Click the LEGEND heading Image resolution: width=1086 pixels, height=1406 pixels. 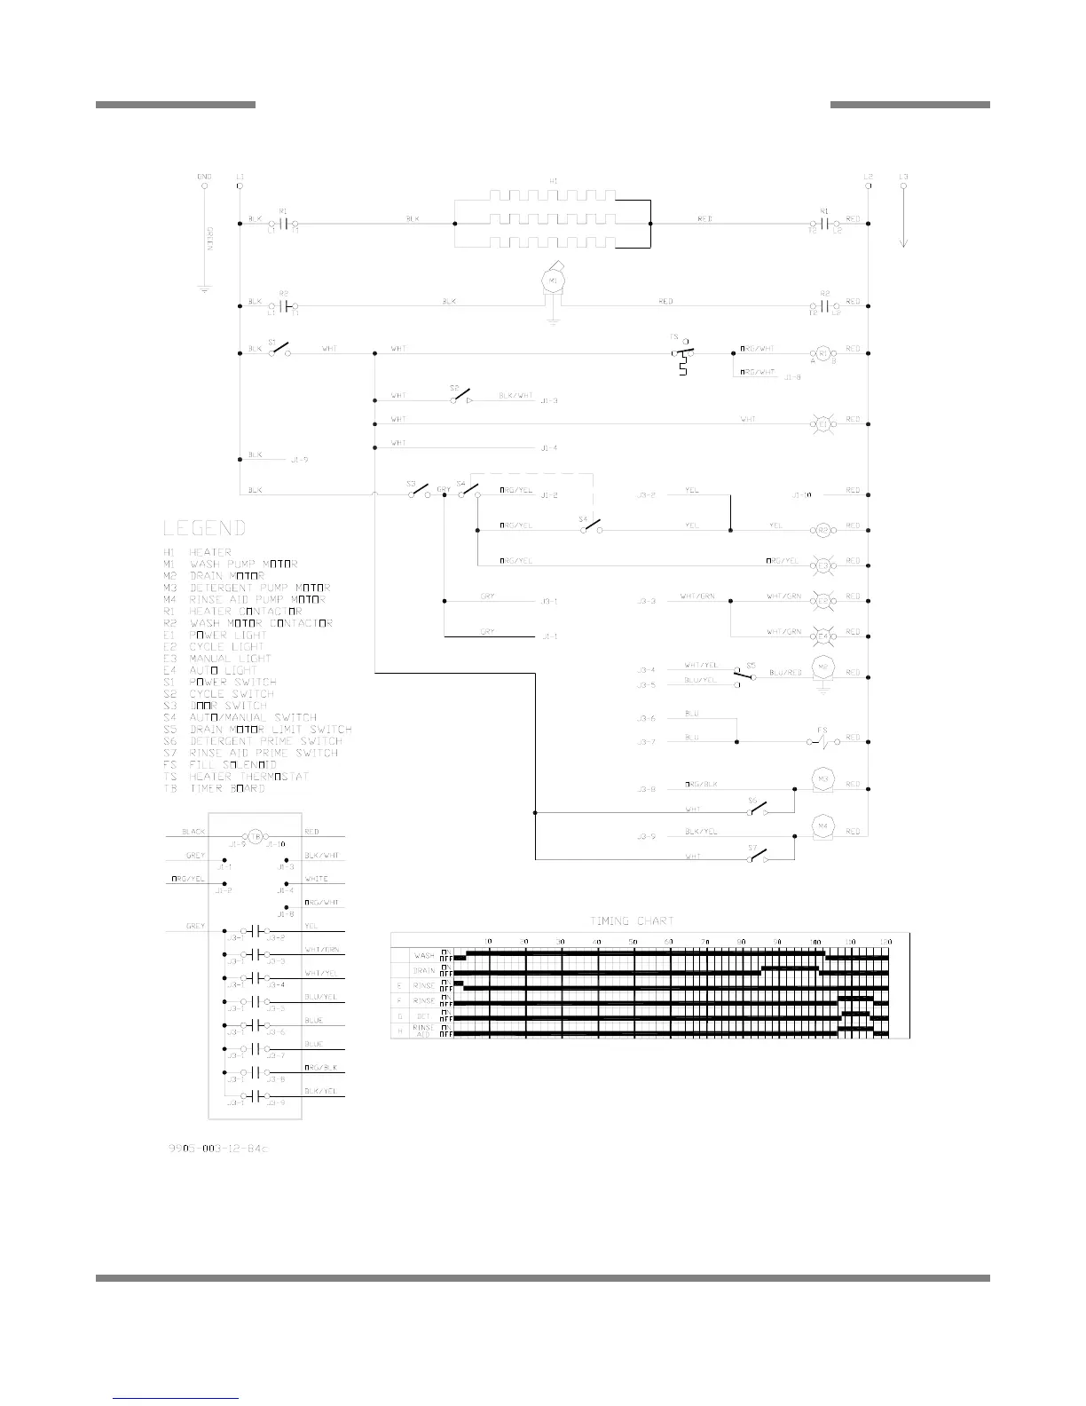point(203,528)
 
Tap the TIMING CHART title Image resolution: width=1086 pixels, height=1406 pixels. point(632,921)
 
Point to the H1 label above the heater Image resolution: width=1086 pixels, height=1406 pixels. point(553,181)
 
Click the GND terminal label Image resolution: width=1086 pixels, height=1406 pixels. point(204,177)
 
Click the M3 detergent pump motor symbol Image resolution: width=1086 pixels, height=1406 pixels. point(822,779)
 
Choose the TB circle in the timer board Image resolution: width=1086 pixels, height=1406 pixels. point(256,836)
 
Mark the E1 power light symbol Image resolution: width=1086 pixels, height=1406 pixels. point(822,424)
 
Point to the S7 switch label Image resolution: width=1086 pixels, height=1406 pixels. point(752,849)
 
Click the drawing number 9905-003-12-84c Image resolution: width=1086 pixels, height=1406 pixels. point(217,1149)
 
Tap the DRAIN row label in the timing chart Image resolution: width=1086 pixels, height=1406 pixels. point(424,970)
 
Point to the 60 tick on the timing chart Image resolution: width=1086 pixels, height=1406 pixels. point(667,941)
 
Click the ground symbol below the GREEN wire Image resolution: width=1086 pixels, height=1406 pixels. point(204,289)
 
